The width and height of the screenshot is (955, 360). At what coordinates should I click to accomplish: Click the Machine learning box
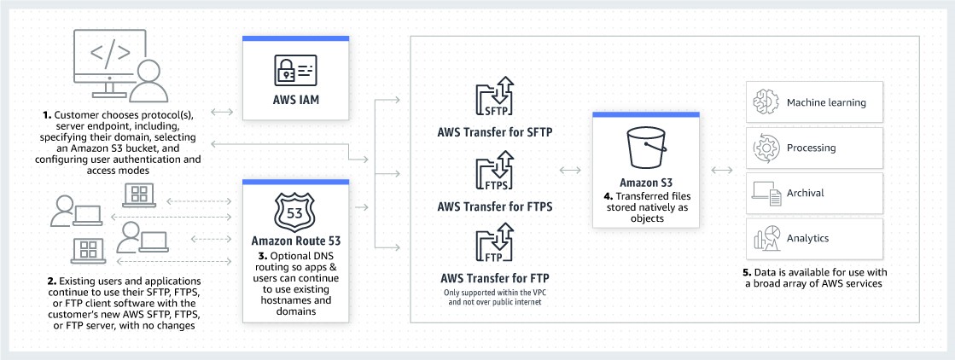click(x=814, y=103)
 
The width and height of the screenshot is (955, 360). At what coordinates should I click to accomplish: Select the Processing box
click(x=814, y=148)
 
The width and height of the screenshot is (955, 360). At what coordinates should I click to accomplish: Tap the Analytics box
click(x=814, y=239)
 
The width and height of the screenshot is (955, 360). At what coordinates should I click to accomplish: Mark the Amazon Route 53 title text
click(x=295, y=241)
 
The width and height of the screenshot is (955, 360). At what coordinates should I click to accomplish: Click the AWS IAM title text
click(x=295, y=112)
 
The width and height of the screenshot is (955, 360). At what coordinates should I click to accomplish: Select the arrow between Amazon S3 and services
click(x=721, y=171)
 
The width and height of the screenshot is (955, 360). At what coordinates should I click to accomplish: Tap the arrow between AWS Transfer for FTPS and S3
click(x=569, y=171)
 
